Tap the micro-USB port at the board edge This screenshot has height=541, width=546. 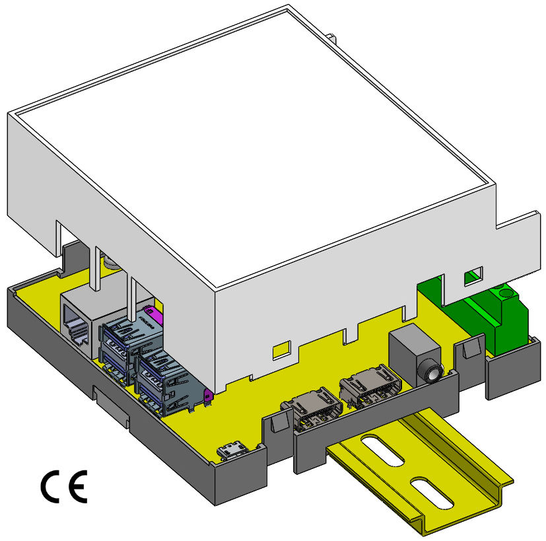coord(232,450)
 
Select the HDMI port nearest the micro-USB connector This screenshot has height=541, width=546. coord(312,408)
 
